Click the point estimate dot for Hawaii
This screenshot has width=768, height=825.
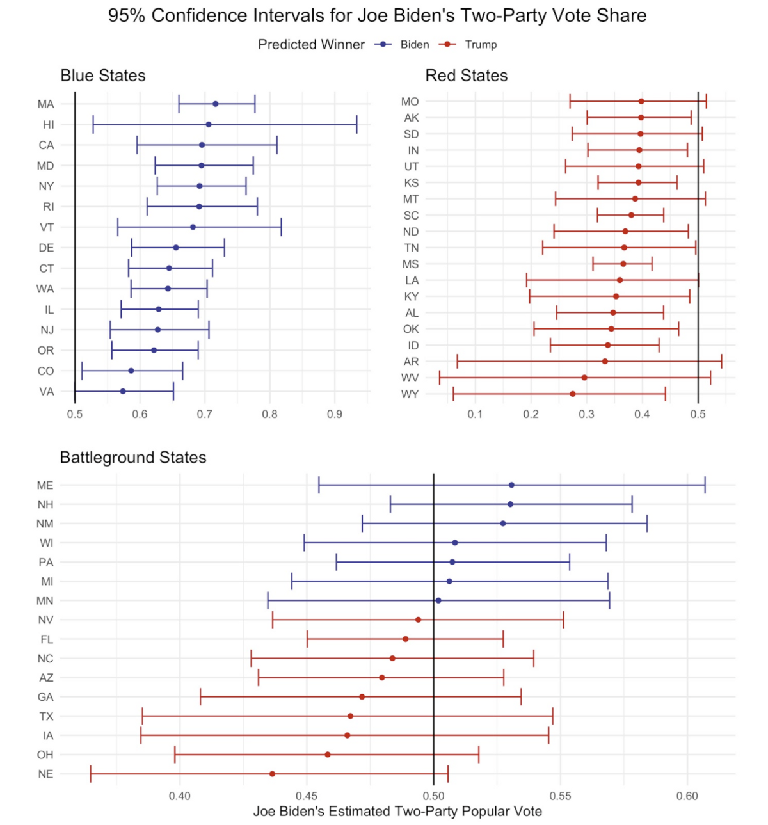point(209,125)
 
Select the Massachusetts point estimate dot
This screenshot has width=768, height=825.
point(216,104)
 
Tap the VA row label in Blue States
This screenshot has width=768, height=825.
point(47,392)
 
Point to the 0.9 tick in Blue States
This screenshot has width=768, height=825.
point(334,414)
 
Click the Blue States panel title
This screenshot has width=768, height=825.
point(103,76)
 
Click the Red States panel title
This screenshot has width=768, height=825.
point(466,76)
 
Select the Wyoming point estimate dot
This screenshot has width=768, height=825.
point(573,394)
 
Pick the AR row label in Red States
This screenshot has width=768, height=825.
point(412,362)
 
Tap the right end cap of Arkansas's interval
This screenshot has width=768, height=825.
point(721,362)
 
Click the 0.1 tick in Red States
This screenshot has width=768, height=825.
point(475,414)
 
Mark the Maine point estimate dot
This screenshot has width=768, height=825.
point(511,485)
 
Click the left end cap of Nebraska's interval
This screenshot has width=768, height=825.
point(91,774)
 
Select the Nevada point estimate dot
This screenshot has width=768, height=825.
point(419,620)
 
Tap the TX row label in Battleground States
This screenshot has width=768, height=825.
point(46,716)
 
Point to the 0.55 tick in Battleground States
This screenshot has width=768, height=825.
point(561,796)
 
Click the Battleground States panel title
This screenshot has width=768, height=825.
point(133,458)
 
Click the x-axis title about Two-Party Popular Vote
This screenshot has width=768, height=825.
point(397,812)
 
